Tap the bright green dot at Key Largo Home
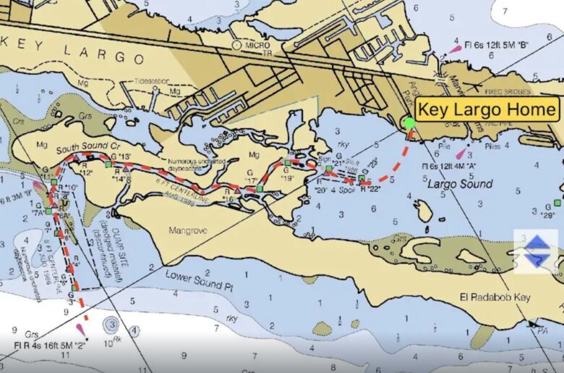pos(410,122)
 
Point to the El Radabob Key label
pos(495,297)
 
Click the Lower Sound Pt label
pos(200,280)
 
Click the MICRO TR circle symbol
pos(236,45)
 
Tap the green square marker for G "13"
pos(108,164)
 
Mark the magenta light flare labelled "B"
pos(455,49)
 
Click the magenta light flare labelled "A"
pos(460,154)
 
